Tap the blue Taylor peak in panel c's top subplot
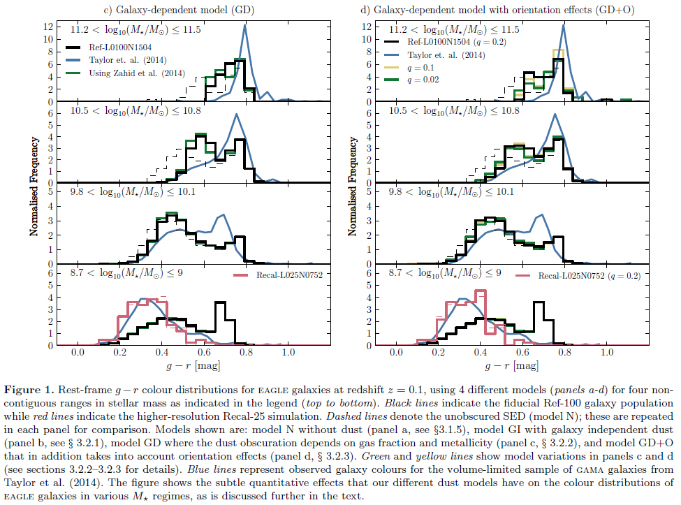245,26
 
